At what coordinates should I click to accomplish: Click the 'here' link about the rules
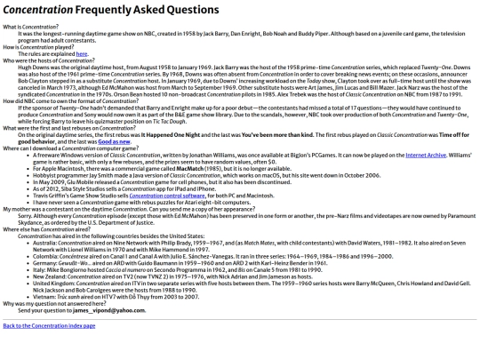point(82,53)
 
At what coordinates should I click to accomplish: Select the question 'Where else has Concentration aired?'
point(40,228)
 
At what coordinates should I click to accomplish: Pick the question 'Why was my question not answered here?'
point(44,303)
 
